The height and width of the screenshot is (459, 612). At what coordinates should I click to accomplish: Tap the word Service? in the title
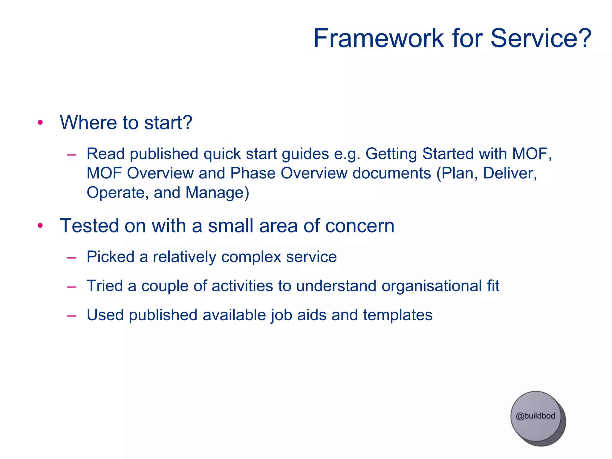tap(541, 38)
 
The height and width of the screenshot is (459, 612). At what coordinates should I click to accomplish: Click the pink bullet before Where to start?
tap(40, 123)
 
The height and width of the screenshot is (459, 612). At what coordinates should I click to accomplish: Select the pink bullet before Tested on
tap(40, 226)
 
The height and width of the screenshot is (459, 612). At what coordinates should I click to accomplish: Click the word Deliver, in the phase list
tap(510, 173)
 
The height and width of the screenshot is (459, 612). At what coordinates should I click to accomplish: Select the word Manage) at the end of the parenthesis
tap(217, 193)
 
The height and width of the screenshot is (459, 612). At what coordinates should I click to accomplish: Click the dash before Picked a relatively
tap(72, 257)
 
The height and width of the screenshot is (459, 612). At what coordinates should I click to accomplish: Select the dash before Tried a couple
tap(72, 287)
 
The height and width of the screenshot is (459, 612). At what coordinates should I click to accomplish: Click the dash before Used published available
tap(72, 316)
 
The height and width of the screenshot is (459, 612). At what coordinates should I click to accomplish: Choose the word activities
tap(242, 286)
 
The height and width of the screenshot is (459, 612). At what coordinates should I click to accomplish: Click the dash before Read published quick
tap(72, 154)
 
